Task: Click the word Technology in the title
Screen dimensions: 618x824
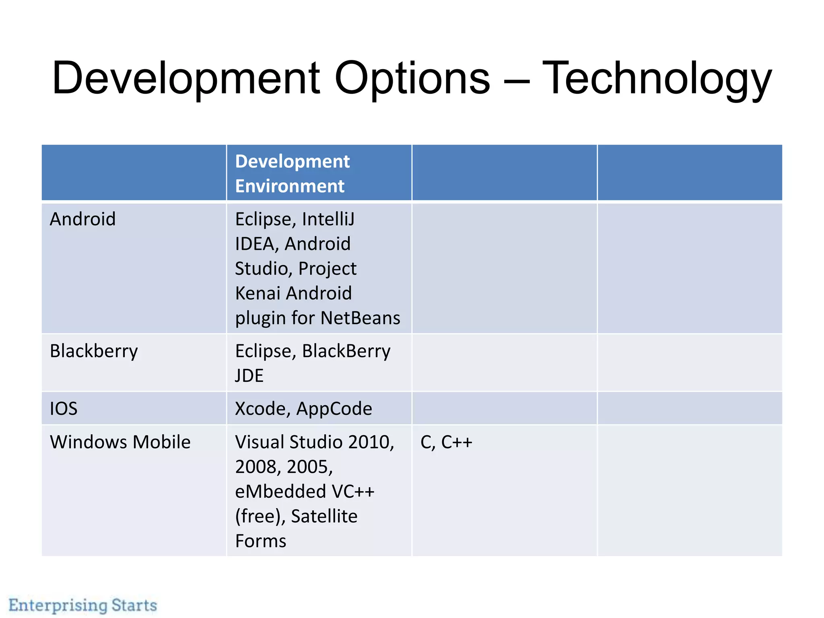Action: point(657,78)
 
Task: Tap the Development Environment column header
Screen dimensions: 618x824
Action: point(293,173)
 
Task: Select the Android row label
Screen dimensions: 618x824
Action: point(83,219)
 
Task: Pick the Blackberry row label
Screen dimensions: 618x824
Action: point(94,351)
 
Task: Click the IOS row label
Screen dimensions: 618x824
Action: point(64,409)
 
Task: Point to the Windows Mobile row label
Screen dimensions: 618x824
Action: point(120,442)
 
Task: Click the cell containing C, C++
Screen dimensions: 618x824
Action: point(446,442)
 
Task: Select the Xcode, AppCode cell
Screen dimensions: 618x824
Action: point(303,409)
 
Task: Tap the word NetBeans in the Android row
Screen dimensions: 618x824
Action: point(360,318)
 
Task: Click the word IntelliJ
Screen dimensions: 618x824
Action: point(328,219)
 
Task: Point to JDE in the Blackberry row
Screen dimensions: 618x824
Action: point(249,376)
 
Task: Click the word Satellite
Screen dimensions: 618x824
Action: point(324,516)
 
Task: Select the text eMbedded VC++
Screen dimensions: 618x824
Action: point(305,492)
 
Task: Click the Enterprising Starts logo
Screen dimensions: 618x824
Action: point(83,605)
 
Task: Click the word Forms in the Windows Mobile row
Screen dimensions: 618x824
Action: point(261,541)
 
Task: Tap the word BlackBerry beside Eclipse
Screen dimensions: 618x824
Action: point(346,351)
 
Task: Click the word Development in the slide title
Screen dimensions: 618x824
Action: point(186,78)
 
